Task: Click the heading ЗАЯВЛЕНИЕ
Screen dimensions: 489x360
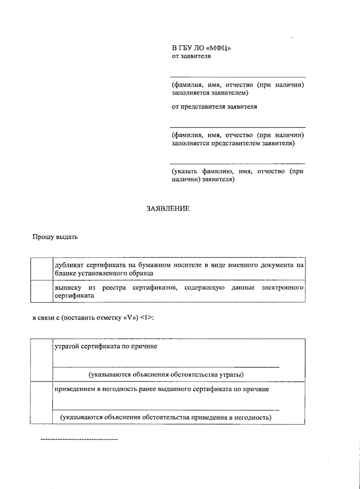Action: [168, 209]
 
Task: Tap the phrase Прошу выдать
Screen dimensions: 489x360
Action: [55, 237]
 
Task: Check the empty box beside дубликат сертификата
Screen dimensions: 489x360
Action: [42, 269]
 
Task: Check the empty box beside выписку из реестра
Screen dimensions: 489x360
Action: [42, 291]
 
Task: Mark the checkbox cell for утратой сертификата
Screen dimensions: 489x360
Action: [41, 360]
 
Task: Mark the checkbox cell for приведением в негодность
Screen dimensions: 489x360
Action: [41, 403]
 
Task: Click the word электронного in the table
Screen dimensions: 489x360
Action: [282, 288]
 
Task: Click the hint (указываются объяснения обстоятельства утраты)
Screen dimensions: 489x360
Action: [166, 375]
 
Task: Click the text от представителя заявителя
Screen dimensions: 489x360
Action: [214, 107]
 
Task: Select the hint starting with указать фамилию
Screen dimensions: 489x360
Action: [237, 175]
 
